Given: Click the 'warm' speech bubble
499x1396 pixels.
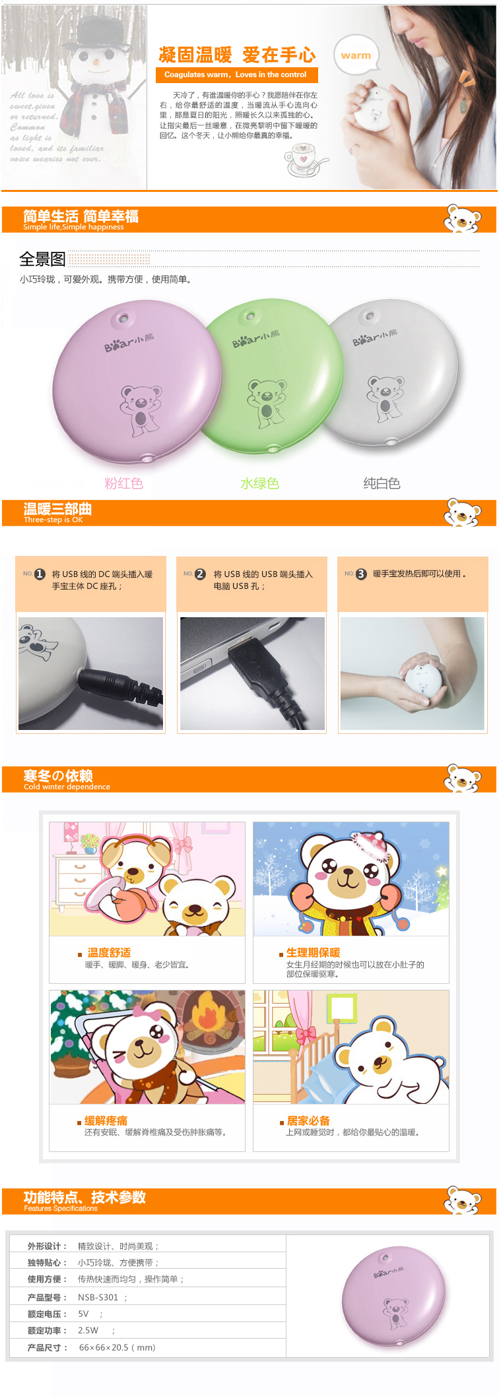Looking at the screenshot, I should point(356,55).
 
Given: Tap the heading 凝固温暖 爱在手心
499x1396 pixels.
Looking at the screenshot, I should point(236,55).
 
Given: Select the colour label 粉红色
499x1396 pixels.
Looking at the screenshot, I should point(123,483).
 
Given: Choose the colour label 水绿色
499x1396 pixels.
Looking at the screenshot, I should point(259,483).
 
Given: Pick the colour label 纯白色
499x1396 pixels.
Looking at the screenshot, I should point(382,483).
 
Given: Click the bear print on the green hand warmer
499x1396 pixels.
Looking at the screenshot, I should point(267,400).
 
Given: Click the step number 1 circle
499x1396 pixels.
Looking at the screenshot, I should point(40,574).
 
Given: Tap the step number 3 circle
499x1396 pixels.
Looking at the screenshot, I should point(360,574).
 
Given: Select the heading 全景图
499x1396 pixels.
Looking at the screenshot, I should point(42,259).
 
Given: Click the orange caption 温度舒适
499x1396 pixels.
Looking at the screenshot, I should point(109,952).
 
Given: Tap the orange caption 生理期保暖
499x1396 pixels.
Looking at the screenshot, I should point(313,952).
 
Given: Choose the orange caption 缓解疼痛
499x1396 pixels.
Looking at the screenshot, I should point(106,1120).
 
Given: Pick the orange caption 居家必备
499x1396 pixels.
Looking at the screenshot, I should point(308,1120).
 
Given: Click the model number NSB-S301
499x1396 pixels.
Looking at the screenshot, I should point(98,1297).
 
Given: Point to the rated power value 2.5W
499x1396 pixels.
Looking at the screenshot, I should point(88,1330).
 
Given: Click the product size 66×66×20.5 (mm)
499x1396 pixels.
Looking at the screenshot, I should point(117,1347).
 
